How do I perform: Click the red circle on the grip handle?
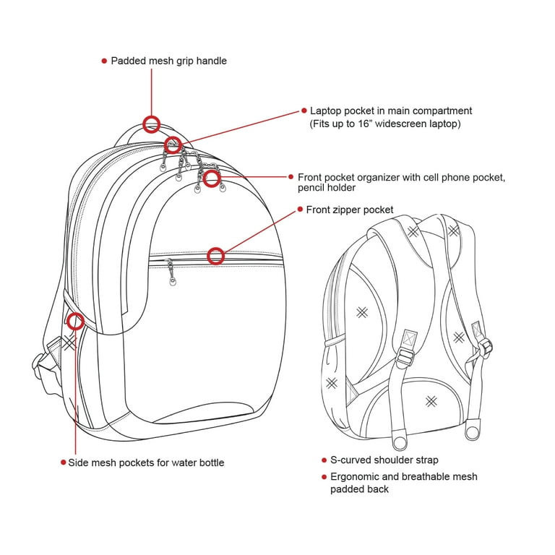(x=152, y=117)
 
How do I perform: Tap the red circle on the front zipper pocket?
(x=215, y=249)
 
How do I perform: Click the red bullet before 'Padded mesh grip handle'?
(x=104, y=61)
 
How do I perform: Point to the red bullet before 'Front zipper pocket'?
(x=300, y=209)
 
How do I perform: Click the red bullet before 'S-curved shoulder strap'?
(x=324, y=460)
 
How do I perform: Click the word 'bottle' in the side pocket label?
(x=212, y=462)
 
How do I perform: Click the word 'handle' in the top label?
(x=211, y=61)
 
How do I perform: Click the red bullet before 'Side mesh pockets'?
(x=64, y=462)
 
